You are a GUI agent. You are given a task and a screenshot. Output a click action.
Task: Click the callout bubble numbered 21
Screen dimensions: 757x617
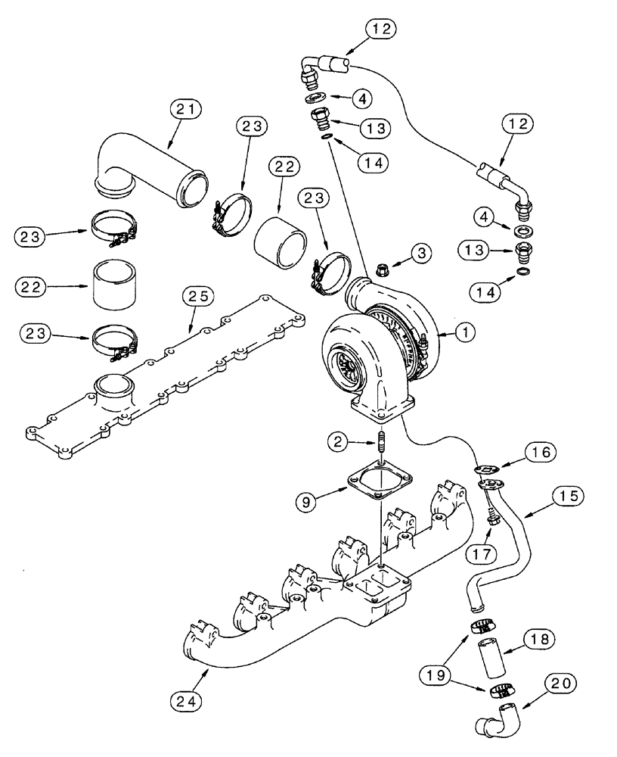click(186, 111)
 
